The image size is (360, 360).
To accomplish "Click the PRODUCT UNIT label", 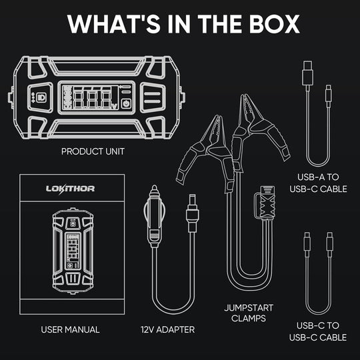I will (93, 151).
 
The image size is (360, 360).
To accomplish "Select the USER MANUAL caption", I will (70, 329).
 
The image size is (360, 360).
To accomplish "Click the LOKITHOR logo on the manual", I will (70, 189).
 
